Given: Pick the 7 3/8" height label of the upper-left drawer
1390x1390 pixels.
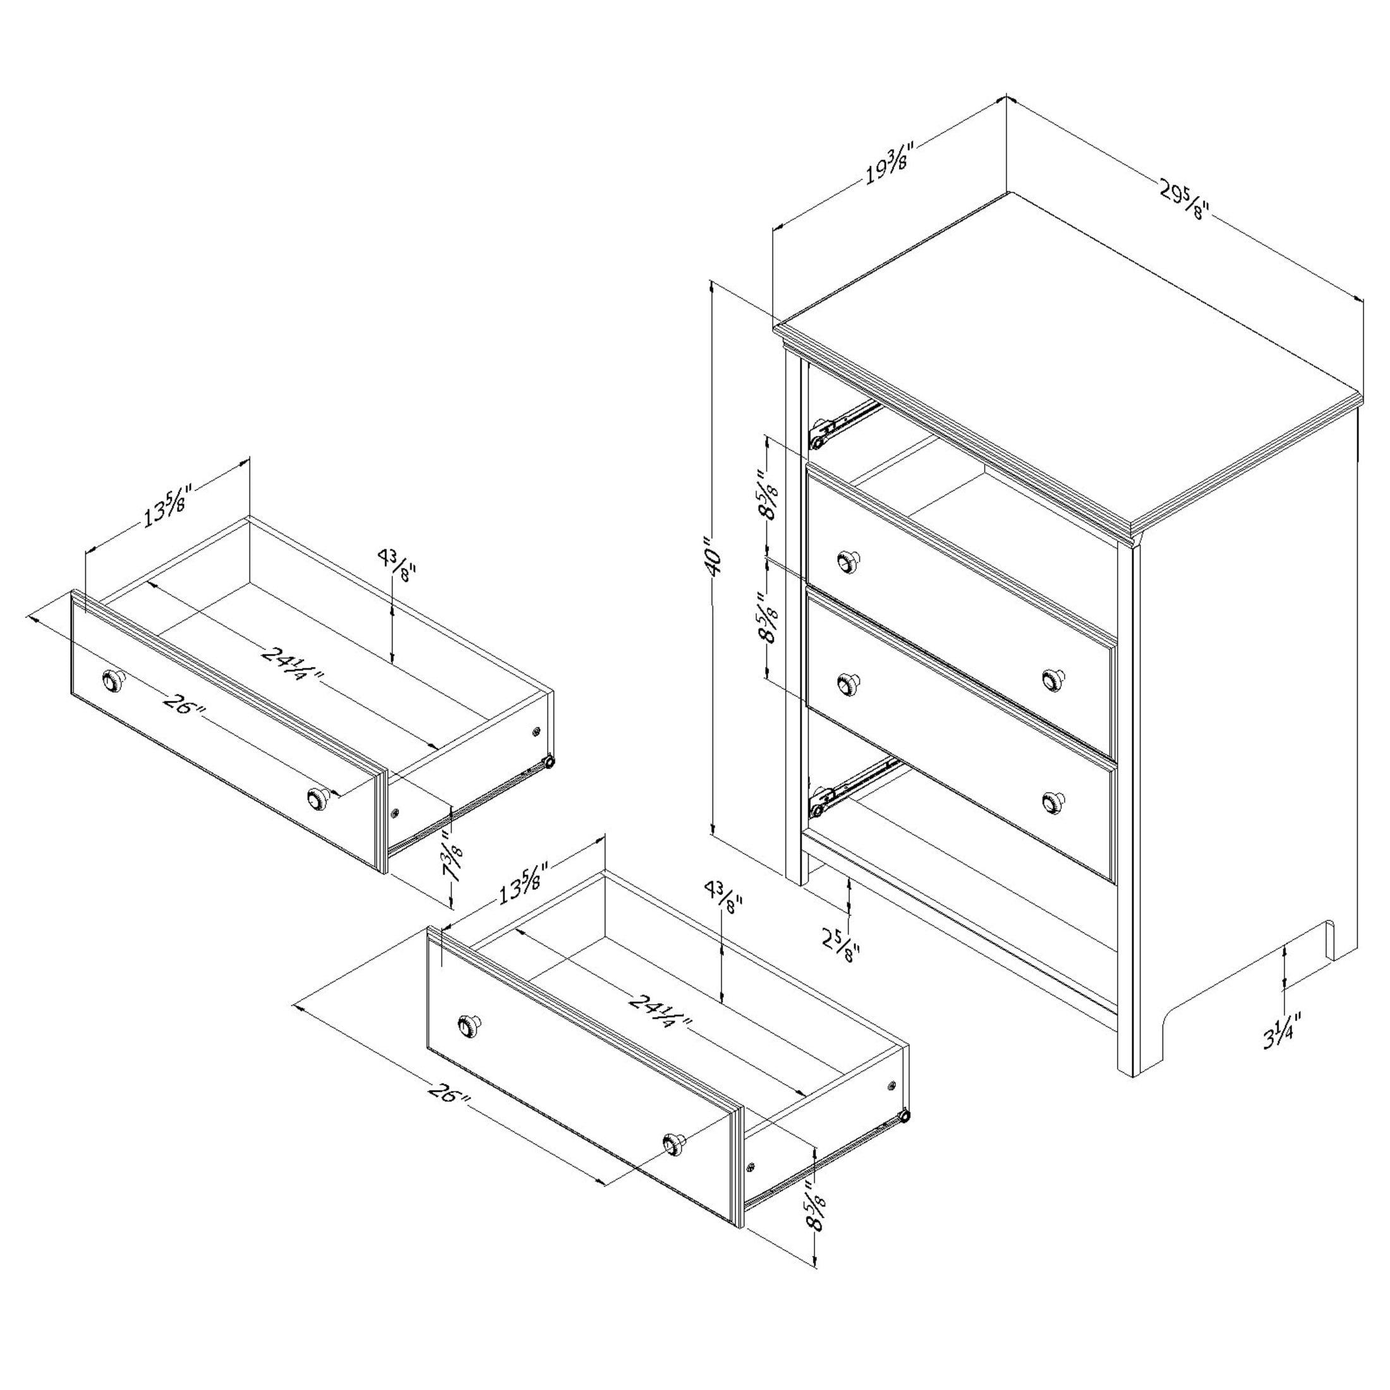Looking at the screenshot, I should (x=452, y=858).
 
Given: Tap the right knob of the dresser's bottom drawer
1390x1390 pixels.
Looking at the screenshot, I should (x=1053, y=802).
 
